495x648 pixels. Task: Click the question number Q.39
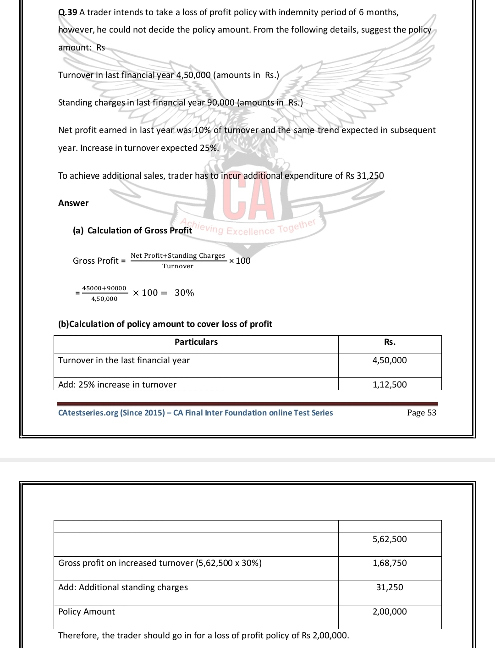[x=68, y=12]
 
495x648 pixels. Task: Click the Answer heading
[x=73, y=203]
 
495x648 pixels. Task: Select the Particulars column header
[x=196, y=342]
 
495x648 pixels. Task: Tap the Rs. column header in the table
[x=390, y=342]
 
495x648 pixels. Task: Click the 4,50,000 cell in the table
[x=390, y=360]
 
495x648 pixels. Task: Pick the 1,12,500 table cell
[x=390, y=385]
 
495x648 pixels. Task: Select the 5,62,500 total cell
[x=390, y=539]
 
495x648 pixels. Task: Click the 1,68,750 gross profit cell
[x=390, y=563]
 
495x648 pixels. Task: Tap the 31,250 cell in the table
[x=390, y=587]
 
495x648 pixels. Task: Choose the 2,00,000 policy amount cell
[x=390, y=612]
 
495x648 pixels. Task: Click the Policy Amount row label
[x=87, y=612]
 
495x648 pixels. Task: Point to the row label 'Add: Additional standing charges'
[x=123, y=587]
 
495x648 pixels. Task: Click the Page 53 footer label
[x=421, y=413]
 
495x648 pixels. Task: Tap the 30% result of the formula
[x=184, y=293]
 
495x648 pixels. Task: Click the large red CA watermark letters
[x=248, y=198]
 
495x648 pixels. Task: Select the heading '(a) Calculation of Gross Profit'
[x=132, y=231]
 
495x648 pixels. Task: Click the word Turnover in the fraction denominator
[x=178, y=266]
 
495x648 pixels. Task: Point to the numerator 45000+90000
[x=104, y=288]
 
